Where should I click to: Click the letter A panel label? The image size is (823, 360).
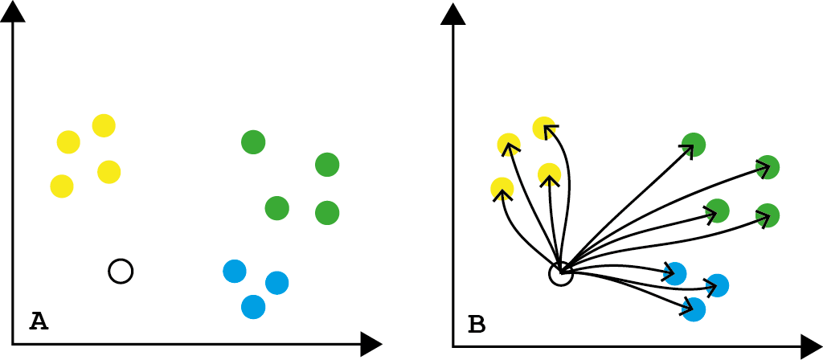(x=39, y=321)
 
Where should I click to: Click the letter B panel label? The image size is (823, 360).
(x=477, y=325)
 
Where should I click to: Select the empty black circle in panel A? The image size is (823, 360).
(x=121, y=271)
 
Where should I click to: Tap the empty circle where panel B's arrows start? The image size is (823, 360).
(x=561, y=274)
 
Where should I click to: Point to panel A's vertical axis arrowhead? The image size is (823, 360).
(x=13, y=11)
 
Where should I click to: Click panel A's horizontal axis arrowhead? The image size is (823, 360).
(x=371, y=344)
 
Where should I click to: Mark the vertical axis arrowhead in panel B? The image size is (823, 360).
(x=453, y=14)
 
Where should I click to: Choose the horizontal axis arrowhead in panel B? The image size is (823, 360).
(x=811, y=346)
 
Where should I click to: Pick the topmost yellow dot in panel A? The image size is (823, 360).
(x=104, y=125)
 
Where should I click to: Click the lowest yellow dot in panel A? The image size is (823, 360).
(x=62, y=186)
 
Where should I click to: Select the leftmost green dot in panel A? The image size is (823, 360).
(x=253, y=142)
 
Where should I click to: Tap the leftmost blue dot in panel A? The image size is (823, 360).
(x=235, y=271)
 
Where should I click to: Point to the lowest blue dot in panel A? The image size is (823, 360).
(x=253, y=306)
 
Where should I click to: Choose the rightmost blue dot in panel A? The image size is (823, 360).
(x=276, y=283)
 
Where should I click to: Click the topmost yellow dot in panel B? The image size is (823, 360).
(x=544, y=129)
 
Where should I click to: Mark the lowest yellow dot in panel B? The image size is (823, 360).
(x=502, y=189)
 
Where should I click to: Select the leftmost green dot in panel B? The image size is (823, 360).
(x=694, y=145)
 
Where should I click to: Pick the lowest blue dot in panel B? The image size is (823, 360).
(x=693, y=309)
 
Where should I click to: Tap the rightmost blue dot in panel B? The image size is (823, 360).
(x=717, y=285)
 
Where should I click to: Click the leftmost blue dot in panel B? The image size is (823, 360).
(x=675, y=274)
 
